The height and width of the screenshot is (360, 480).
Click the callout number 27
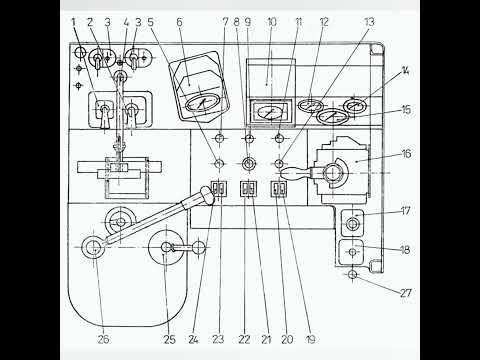click(x=406, y=293)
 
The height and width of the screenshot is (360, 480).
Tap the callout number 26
click(x=103, y=339)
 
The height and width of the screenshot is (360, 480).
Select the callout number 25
click(x=169, y=339)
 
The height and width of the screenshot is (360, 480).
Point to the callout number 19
click(x=310, y=339)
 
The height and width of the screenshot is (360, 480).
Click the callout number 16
click(x=406, y=154)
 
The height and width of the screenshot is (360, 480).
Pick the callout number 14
click(x=405, y=70)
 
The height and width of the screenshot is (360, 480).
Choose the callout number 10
click(x=272, y=22)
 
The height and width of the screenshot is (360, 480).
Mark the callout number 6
click(x=179, y=22)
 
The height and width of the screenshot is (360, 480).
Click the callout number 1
click(x=74, y=22)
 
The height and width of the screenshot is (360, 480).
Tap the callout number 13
click(x=369, y=22)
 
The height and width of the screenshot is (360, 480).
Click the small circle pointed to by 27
click(x=352, y=274)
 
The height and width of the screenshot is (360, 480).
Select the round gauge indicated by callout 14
click(x=355, y=106)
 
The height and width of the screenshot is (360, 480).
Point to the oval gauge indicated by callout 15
click(x=332, y=117)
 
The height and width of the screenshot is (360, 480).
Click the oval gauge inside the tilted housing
click(x=203, y=102)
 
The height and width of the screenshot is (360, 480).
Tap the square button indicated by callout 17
click(x=352, y=223)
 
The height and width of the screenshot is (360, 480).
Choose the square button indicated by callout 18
click(x=351, y=252)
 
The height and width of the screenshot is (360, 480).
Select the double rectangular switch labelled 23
click(x=219, y=189)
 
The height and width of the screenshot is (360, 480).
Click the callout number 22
click(x=244, y=339)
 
